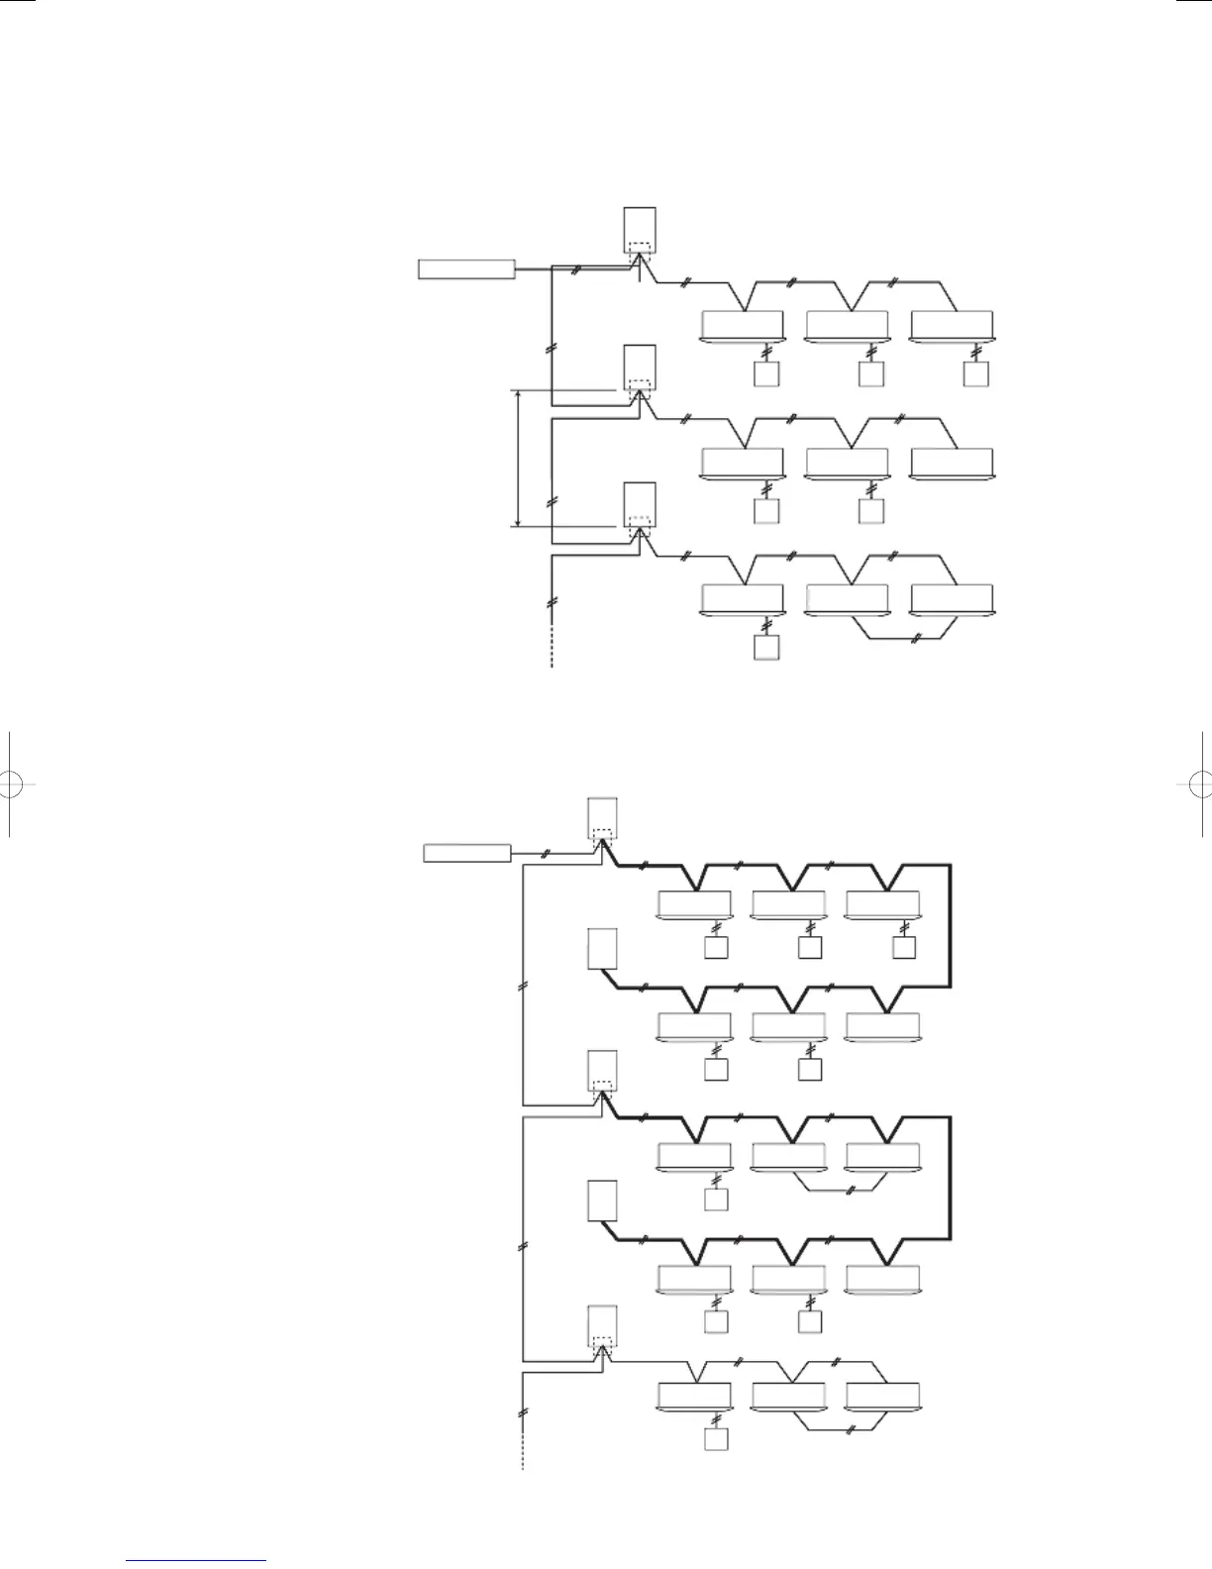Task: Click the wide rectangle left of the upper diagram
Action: [466, 268]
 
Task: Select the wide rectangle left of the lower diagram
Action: [467, 853]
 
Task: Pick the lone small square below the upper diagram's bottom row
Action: [766, 648]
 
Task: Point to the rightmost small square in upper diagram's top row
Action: [975, 373]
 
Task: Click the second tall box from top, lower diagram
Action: [602, 948]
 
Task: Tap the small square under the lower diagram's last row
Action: [716, 1438]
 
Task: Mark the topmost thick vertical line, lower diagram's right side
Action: [950, 925]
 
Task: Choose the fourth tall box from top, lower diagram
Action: [602, 1201]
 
